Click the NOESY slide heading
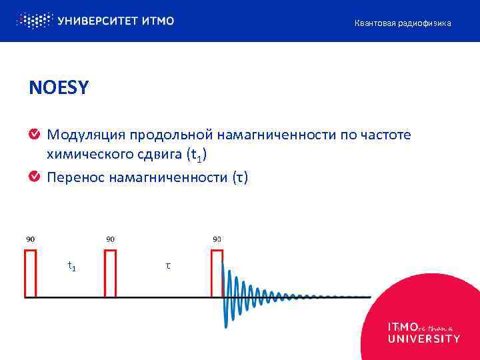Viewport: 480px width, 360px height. (58, 87)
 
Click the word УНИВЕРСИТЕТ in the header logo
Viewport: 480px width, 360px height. (98, 21)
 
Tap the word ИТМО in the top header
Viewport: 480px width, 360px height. (158, 21)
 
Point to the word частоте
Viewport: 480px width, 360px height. (389, 136)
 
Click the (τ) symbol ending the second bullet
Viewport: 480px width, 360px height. (239, 177)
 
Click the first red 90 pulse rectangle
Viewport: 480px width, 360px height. (31, 273)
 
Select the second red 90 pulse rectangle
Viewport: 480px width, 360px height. (110, 273)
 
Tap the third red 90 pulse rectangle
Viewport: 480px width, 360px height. (217, 273)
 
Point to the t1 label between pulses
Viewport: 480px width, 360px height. (71, 267)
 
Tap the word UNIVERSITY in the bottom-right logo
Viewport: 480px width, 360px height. (423, 339)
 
